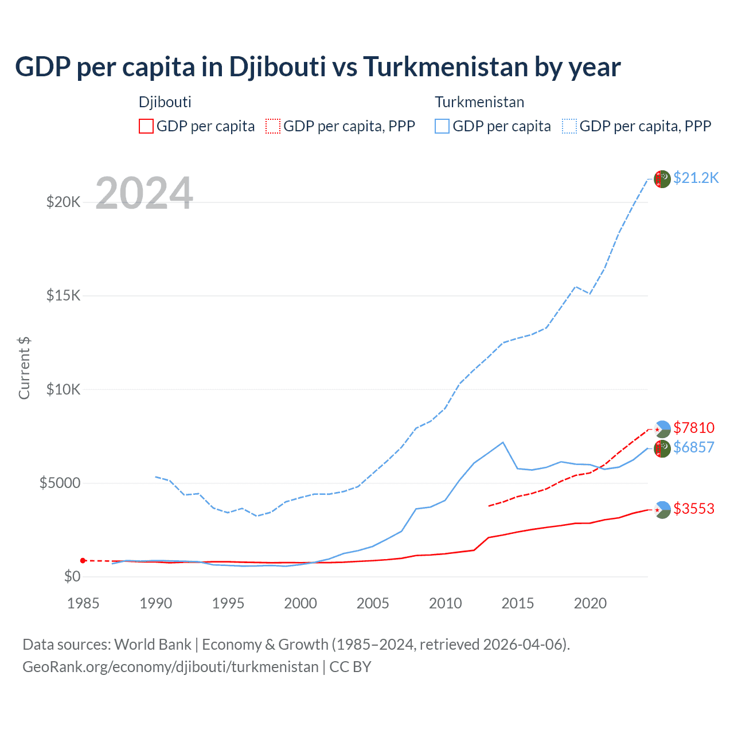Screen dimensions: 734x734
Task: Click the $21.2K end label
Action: pos(696,178)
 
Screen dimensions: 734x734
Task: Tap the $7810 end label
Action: pos(694,428)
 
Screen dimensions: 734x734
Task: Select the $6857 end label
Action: pos(694,447)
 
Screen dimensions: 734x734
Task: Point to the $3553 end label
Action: pos(694,509)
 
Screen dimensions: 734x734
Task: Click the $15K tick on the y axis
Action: pos(64,296)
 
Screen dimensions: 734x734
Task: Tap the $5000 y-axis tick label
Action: pos(60,483)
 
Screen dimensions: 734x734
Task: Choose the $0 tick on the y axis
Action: pos(72,576)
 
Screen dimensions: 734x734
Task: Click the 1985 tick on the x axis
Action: pos(83,603)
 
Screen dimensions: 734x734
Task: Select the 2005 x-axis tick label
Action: pos(373,603)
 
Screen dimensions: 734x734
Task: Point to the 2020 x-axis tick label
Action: pos(590,603)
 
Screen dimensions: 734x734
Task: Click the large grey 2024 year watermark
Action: pos(144,193)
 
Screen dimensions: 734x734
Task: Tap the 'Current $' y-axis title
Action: pos(24,368)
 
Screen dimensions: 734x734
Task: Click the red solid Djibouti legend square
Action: pos(146,126)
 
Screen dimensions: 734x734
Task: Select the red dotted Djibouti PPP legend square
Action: pos(273,126)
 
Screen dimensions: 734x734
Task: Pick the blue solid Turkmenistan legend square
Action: pos(442,126)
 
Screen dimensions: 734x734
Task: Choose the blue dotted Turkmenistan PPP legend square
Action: pos(569,126)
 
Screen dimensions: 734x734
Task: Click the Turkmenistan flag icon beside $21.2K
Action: pos(662,179)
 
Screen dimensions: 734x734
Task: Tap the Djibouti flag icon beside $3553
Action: pos(662,510)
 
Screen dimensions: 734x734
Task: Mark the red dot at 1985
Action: pos(83,560)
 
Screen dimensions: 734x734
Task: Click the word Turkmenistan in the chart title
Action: pos(446,67)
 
